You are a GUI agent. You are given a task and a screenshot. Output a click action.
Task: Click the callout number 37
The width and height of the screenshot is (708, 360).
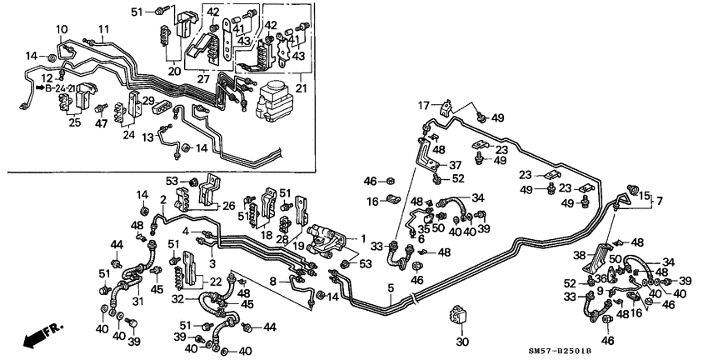click(x=454, y=164)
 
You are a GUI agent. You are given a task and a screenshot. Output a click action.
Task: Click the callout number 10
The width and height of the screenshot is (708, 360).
click(x=62, y=29)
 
